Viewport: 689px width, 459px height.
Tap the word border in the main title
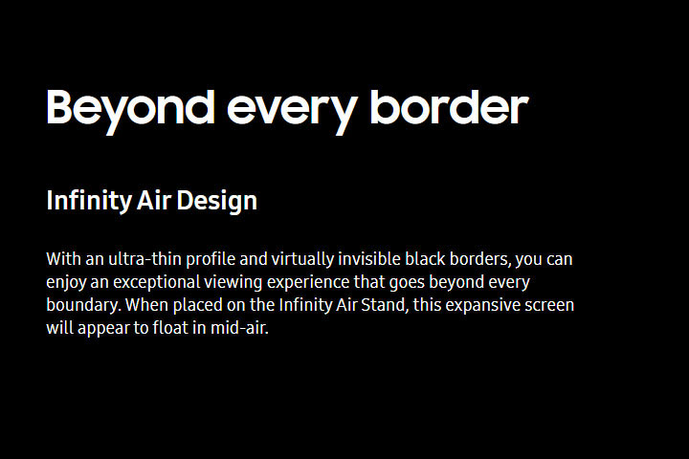(x=449, y=107)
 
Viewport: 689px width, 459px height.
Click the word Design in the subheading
(x=216, y=201)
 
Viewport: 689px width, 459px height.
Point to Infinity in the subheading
(x=89, y=201)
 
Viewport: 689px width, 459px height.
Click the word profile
(x=211, y=259)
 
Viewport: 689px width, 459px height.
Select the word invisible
(x=369, y=259)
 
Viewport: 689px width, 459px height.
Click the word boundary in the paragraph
(x=83, y=305)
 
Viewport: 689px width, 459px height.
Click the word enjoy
(x=66, y=282)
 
